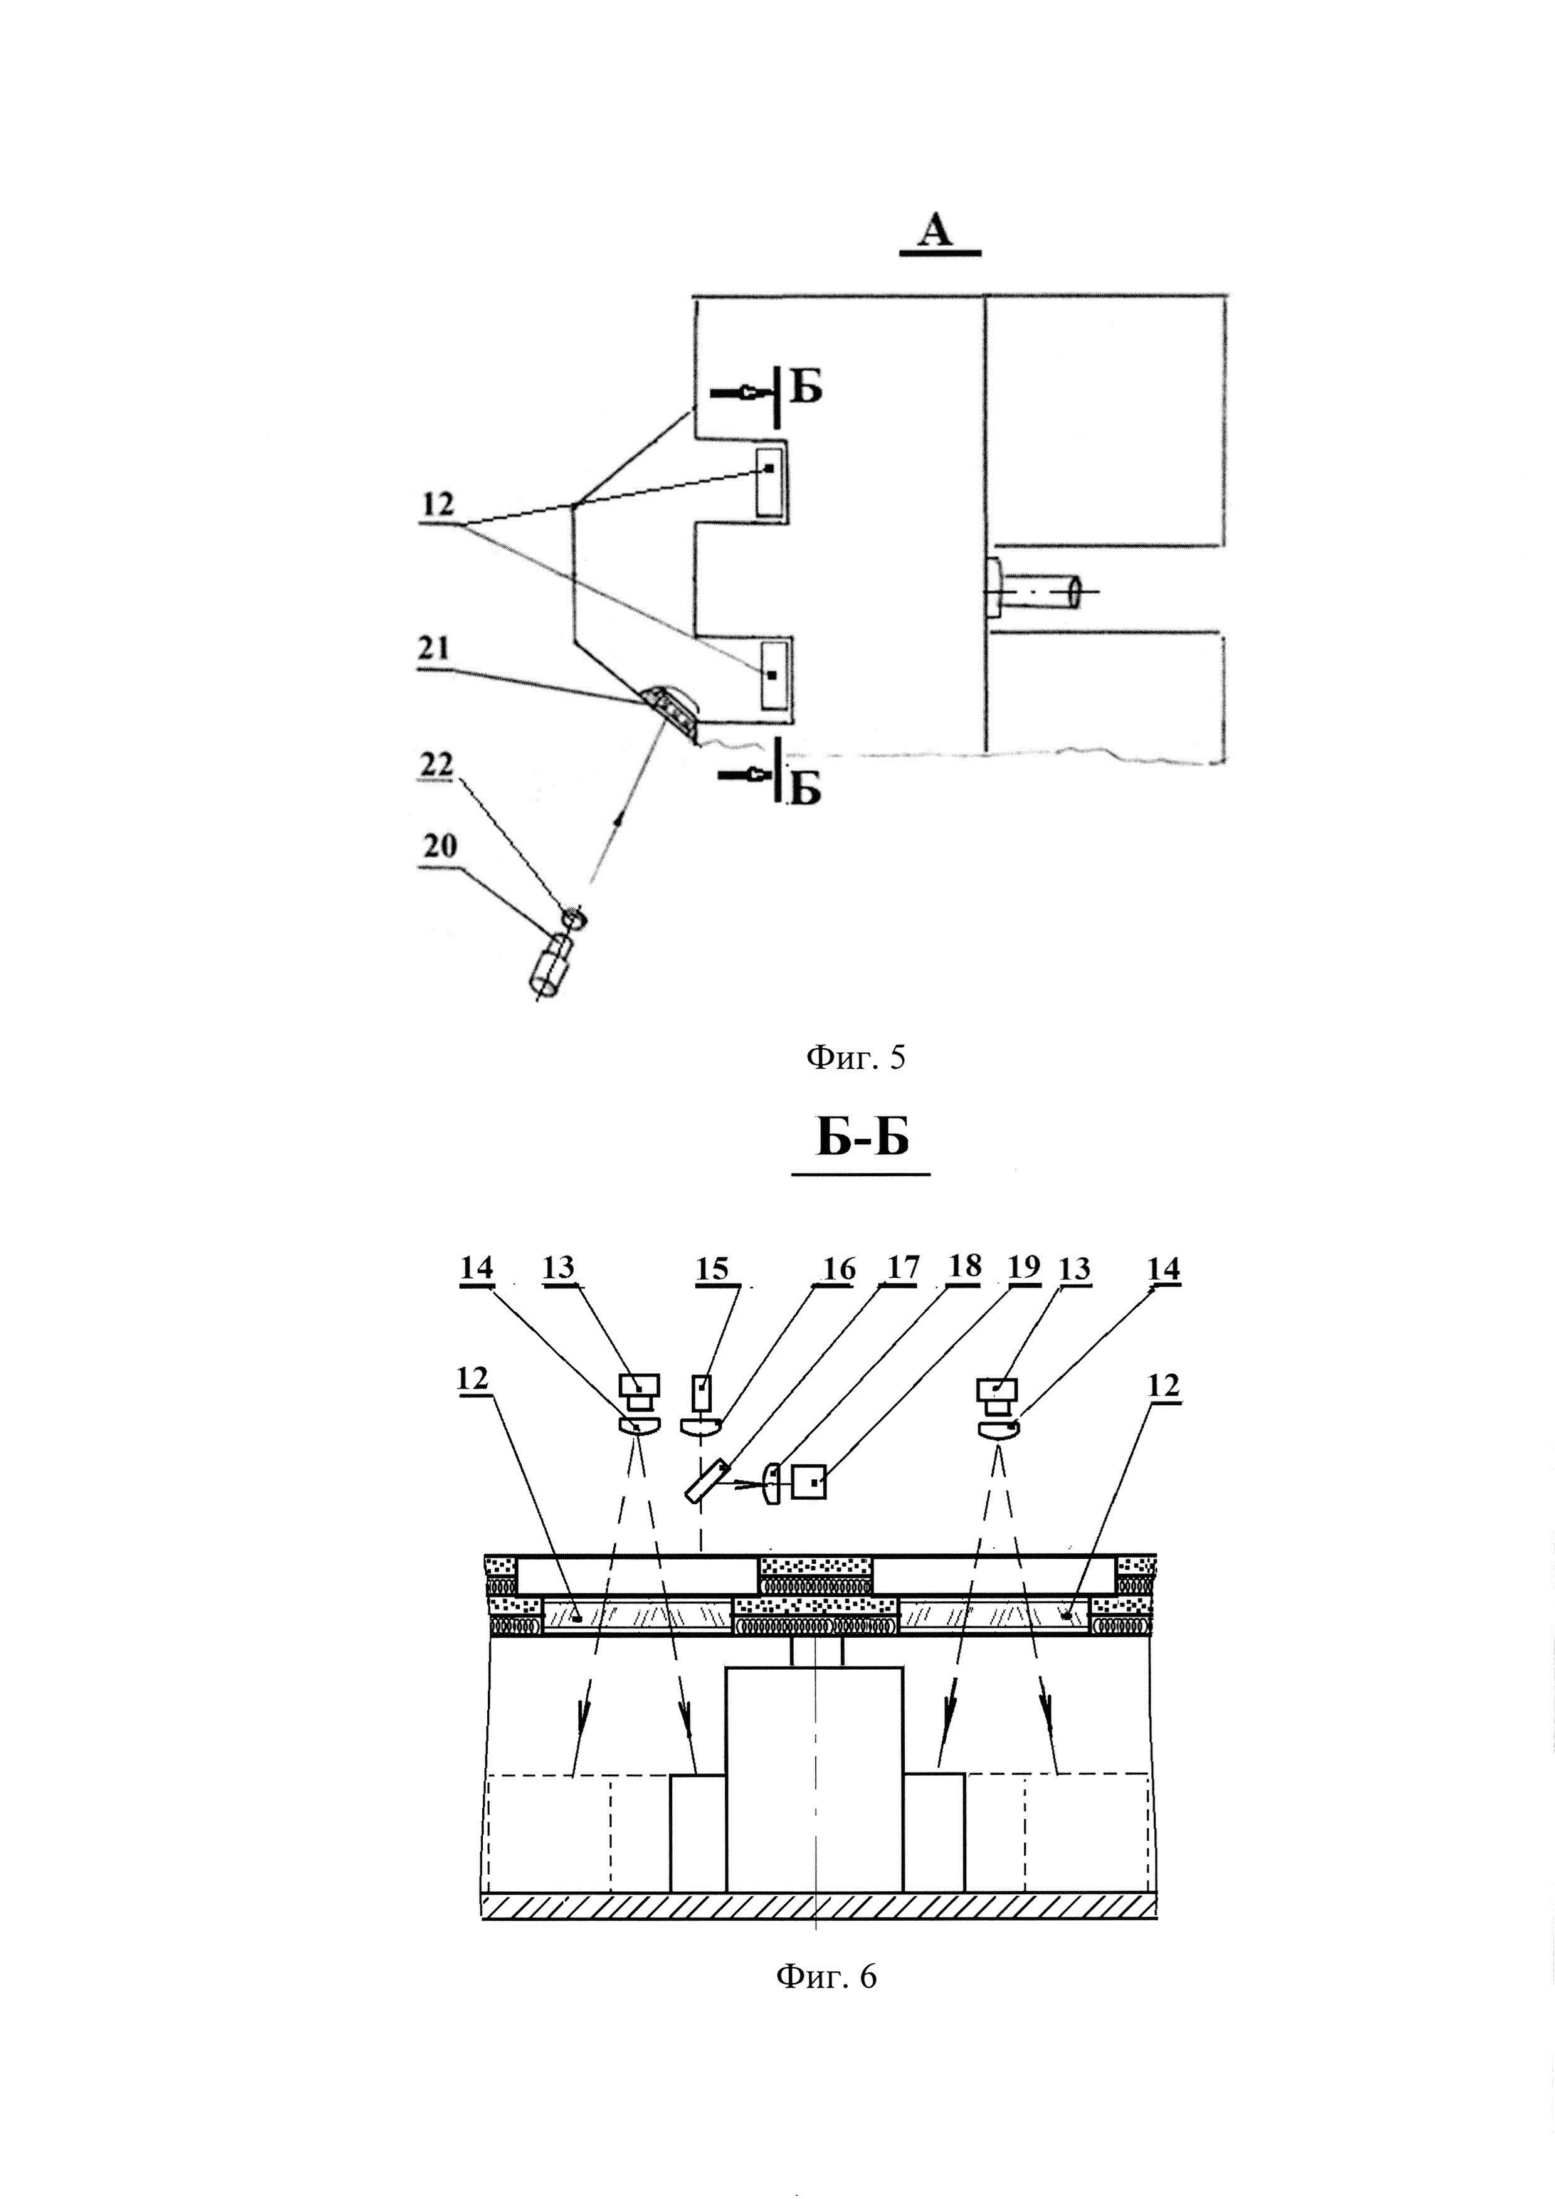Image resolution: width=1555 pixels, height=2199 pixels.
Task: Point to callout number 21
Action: (x=435, y=648)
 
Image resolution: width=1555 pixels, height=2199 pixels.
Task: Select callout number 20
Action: (x=440, y=846)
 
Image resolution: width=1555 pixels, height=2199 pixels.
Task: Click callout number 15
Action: (x=712, y=1269)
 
